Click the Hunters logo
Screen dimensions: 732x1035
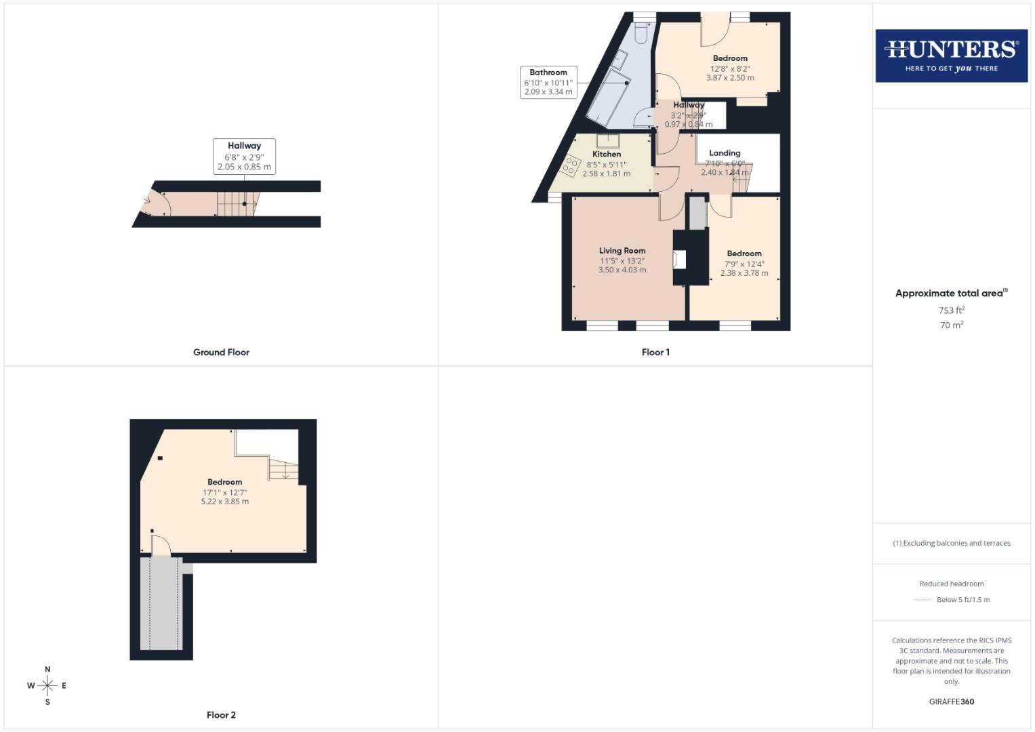coord(951,56)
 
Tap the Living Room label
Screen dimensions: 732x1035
coord(622,251)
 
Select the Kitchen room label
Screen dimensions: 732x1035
coord(606,154)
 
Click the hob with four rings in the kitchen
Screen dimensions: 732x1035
coord(571,165)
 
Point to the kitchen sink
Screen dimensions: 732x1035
coord(607,141)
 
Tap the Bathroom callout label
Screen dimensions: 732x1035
coord(548,82)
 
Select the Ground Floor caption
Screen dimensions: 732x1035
coord(221,352)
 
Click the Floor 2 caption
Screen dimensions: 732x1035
coord(221,715)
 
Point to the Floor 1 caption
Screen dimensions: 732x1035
coord(655,352)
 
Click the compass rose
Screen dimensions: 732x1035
coord(47,686)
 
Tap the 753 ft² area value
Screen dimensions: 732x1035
coord(951,310)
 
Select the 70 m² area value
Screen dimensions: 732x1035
coord(951,325)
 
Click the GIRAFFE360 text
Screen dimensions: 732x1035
coord(951,702)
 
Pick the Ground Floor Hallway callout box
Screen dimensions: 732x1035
coord(244,156)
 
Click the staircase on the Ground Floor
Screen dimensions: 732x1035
coord(237,203)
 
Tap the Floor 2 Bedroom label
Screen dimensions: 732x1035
coord(224,482)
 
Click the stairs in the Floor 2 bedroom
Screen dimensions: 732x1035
coord(284,469)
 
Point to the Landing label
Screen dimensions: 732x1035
coord(725,153)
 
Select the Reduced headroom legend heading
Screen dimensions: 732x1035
coord(951,584)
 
